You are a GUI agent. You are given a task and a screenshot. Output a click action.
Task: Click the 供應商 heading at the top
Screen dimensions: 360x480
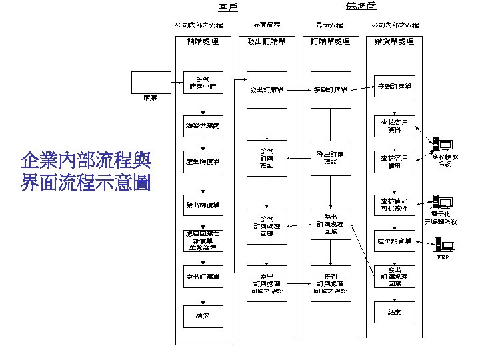pyautogui.click(x=361, y=6)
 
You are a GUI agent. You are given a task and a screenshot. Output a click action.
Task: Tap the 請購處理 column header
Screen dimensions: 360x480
pyautogui.click(x=203, y=41)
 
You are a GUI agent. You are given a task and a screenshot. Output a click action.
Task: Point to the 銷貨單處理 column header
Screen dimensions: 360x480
pyautogui.click(x=394, y=41)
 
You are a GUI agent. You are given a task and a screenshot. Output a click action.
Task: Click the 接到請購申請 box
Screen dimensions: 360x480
pyautogui.click(x=203, y=83)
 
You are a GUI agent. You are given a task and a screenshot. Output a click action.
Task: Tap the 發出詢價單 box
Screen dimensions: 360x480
pyautogui.click(x=203, y=205)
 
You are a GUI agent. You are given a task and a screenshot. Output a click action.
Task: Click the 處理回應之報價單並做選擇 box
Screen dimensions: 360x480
pyautogui.click(x=203, y=240)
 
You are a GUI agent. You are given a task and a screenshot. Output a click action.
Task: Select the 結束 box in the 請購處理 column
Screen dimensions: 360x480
pyautogui.click(x=203, y=315)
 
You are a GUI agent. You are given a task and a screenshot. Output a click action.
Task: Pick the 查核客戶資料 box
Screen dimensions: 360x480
pyautogui.click(x=394, y=126)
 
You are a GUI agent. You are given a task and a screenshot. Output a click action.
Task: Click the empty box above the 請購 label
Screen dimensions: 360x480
pyautogui.click(x=147, y=83)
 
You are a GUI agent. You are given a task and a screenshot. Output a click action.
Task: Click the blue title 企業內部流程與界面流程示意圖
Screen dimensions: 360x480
pyautogui.click(x=86, y=171)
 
